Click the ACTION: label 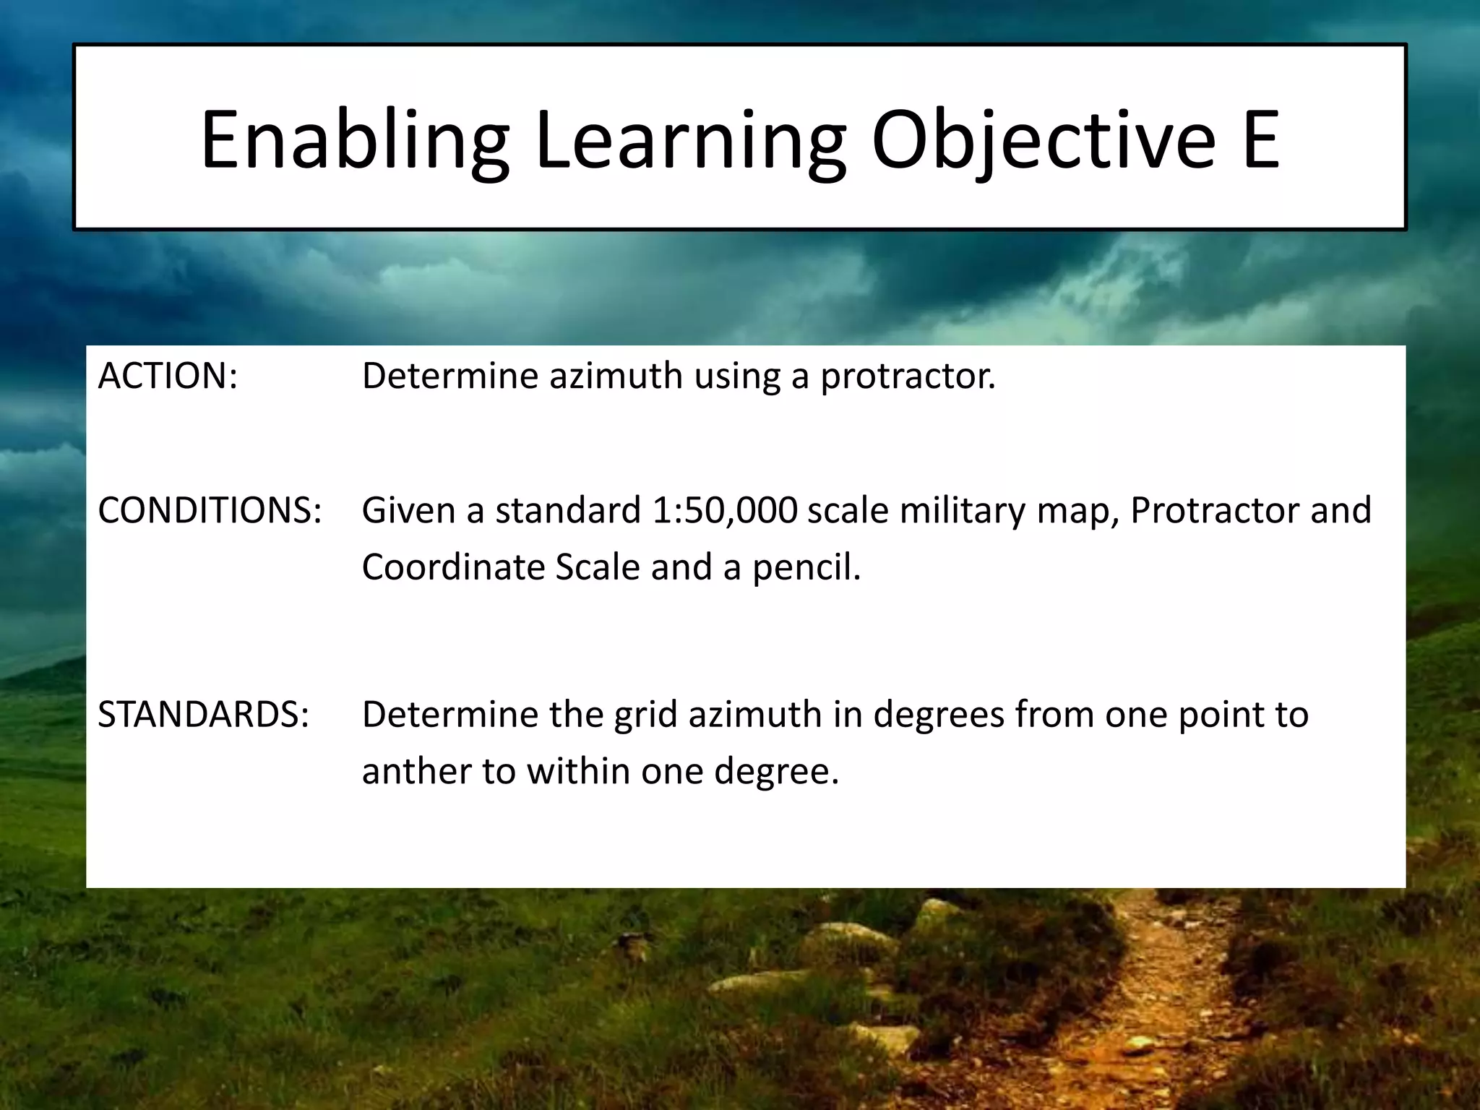tap(168, 376)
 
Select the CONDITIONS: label tap(210, 510)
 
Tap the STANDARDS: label tap(204, 714)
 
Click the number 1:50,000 tap(724, 510)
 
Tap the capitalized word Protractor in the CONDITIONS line tap(1214, 510)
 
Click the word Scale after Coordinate tap(598, 567)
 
